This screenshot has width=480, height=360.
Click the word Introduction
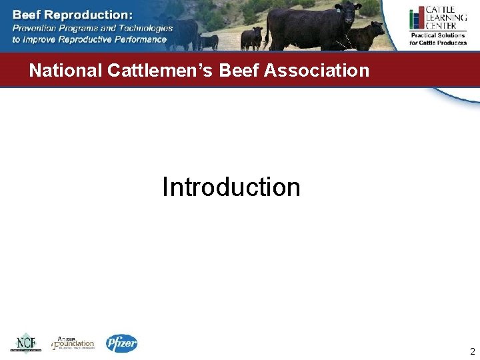tap(231, 187)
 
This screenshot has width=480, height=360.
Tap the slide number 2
tap(472, 351)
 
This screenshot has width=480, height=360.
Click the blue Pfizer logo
tap(121, 343)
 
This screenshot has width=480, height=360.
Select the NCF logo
tap(25, 343)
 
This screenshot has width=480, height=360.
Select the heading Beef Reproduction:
tap(72, 14)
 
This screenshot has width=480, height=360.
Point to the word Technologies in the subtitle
tap(144, 28)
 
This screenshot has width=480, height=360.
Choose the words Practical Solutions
tap(438, 35)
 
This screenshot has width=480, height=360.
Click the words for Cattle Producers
tap(438, 43)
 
